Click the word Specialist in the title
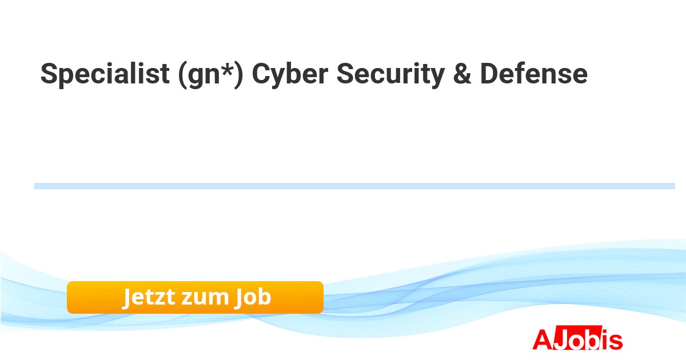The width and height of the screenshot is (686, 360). click(105, 74)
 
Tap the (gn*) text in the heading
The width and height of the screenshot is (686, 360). click(211, 75)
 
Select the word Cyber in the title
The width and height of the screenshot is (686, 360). click(290, 75)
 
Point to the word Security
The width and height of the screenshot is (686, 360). click(390, 75)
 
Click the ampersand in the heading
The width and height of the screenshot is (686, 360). click(462, 74)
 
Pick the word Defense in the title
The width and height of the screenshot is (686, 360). click(534, 74)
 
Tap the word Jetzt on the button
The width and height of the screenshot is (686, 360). click(149, 298)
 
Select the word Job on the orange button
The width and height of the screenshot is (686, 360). click(253, 298)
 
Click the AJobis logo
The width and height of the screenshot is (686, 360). click(577, 338)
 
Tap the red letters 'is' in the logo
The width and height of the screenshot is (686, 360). click(612, 339)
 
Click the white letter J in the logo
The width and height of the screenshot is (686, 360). click(561, 339)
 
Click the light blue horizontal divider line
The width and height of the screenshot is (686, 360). click(354, 186)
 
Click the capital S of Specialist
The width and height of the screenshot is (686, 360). click(49, 74)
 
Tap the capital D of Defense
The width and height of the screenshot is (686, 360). click(490, 74)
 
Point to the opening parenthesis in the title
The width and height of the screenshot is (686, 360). click(182, 75)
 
